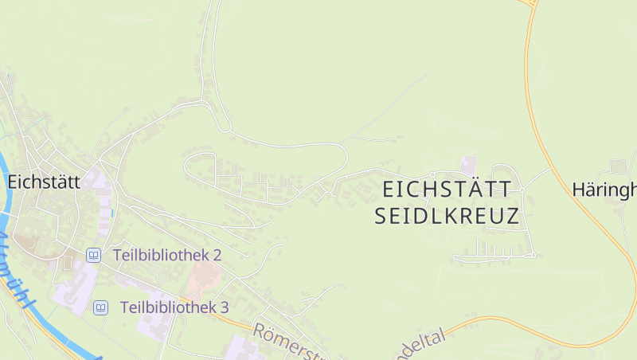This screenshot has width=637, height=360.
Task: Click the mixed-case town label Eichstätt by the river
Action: pos(44,182)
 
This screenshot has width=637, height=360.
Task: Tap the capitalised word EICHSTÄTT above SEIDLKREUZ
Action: pos(447,190)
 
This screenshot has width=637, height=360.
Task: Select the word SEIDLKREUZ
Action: pos(447,215)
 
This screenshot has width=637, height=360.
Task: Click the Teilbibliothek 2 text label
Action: pos(167,255)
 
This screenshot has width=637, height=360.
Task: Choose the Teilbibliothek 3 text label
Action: pos(174,307)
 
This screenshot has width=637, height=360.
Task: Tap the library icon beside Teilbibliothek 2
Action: pos(94,255)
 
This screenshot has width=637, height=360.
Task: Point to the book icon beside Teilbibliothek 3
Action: pos(101,307)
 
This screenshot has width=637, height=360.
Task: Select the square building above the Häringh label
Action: pos(619,166)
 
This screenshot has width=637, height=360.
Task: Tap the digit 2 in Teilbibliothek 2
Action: pos(217,255)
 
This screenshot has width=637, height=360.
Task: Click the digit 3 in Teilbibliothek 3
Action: pos(225,307)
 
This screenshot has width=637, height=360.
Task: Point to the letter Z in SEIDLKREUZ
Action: pos(511,215)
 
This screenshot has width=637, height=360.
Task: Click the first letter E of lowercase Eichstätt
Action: pos(14,182)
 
